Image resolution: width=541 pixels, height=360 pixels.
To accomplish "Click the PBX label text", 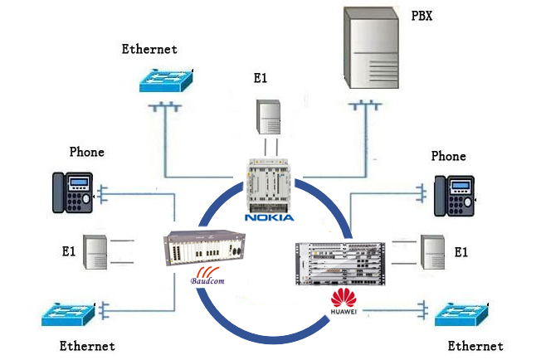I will point(422,15).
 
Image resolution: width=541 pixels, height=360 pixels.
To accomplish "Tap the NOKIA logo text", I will point(269,218).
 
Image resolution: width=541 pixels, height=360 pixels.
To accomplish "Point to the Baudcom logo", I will point(208,279).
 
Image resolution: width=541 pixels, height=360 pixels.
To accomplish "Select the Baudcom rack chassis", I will point(204,246).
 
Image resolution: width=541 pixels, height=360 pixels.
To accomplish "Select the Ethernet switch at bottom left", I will point(71,314).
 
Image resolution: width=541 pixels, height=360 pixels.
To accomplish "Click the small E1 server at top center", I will point(269,116).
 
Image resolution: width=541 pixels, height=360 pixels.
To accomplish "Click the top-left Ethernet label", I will point(149,49).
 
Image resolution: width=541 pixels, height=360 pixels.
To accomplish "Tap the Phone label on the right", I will point(449,156).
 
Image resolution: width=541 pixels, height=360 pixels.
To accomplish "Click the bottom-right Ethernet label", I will point(475,346).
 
